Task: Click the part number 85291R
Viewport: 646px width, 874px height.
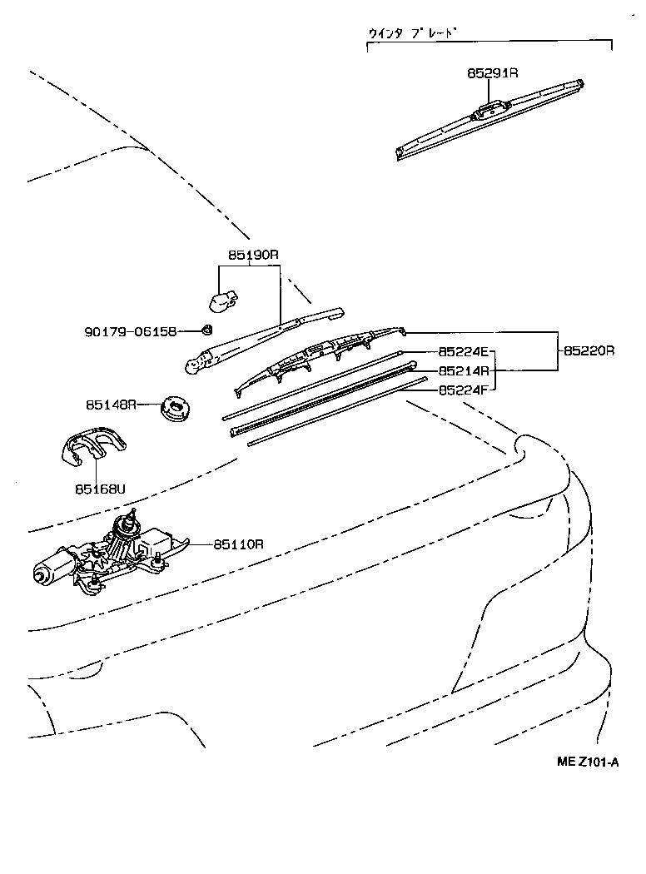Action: coord(492,73)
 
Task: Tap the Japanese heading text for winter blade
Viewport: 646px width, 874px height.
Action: coord(413,34)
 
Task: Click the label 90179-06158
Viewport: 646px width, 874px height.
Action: coord(131,331)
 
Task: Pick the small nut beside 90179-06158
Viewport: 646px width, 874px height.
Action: coord(208,330)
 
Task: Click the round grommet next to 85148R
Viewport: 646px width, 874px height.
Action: coord(176,408)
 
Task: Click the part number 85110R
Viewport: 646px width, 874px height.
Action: coord(238,544)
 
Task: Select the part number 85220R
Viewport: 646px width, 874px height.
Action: coord(589,351)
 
